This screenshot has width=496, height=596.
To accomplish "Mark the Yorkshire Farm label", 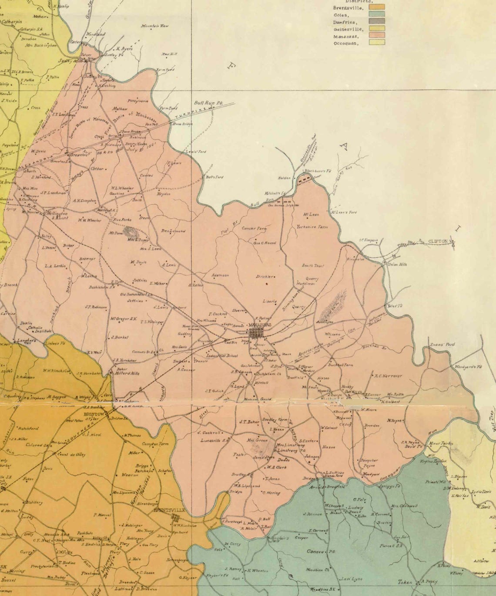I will point(312,227).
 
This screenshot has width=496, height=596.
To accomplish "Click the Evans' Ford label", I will point(442,345).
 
